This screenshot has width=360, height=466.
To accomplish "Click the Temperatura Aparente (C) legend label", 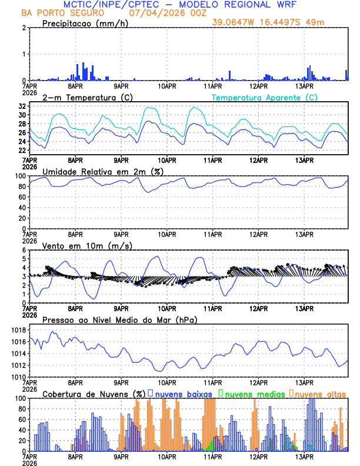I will [264, 96].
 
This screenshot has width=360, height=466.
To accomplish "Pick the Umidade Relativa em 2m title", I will [102, 171].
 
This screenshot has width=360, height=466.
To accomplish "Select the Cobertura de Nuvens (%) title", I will [94, 394].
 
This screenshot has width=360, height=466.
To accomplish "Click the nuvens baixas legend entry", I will [183, 394].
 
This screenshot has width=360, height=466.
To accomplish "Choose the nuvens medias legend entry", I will [252, 394].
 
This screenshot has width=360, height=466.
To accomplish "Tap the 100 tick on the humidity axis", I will [18, 176].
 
